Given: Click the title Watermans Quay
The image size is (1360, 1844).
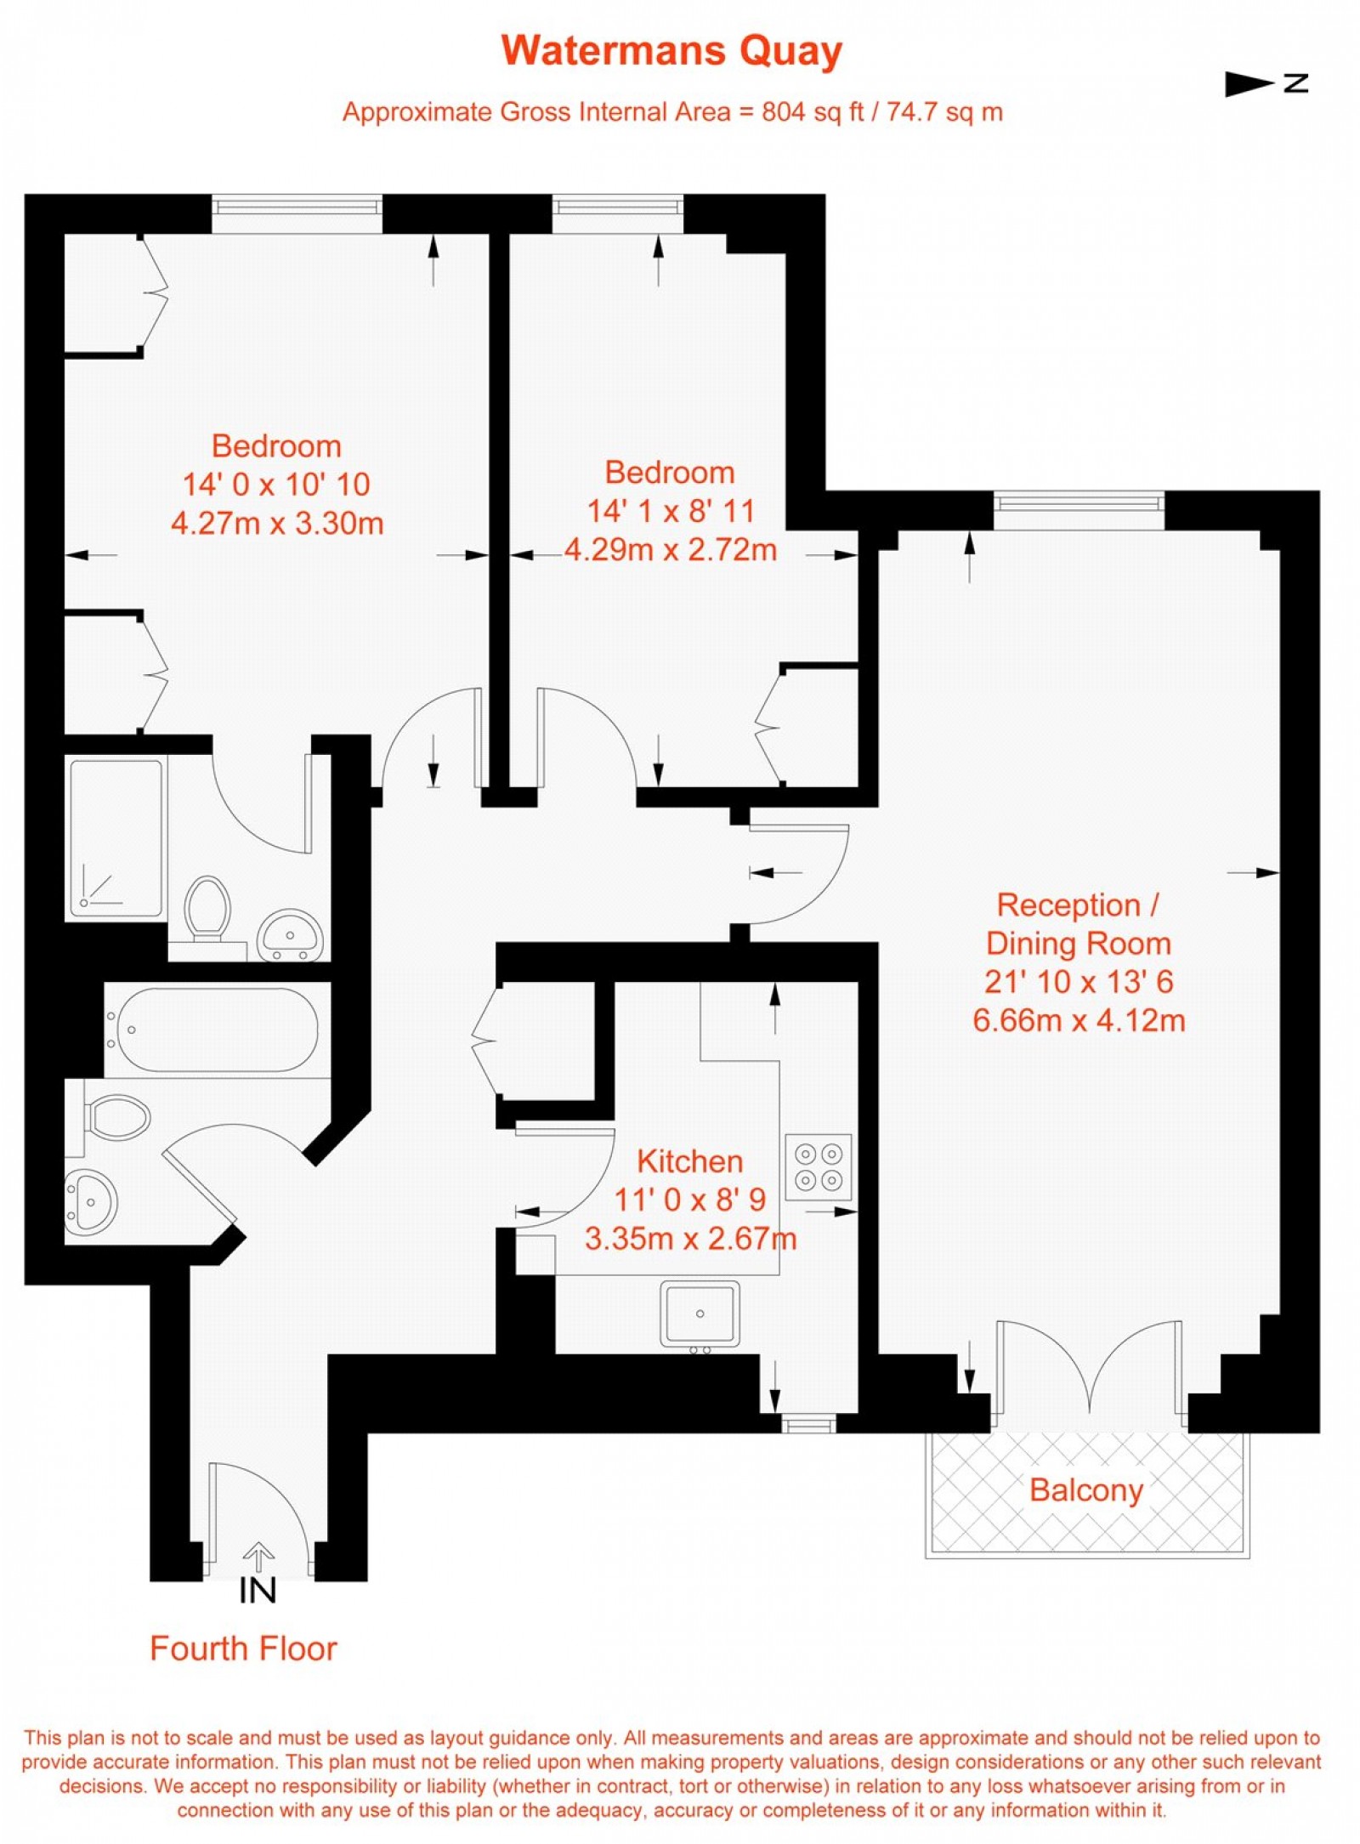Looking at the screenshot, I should pos(671,51).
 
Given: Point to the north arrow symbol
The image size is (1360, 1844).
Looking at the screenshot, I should pos(1265,83).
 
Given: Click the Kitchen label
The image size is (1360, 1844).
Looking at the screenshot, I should pos(689,1161).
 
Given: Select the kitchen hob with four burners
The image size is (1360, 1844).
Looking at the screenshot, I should pos(818,1167).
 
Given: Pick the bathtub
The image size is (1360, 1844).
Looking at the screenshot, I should pos(218,1030).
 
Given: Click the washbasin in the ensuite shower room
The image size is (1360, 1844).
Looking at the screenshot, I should pos(290,934).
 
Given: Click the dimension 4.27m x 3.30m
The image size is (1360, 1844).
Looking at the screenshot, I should pos(277,523).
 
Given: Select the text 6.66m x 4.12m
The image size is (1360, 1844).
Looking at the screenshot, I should pos(1078,1019).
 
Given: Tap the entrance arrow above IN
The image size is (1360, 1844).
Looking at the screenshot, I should pos(258,1557).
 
